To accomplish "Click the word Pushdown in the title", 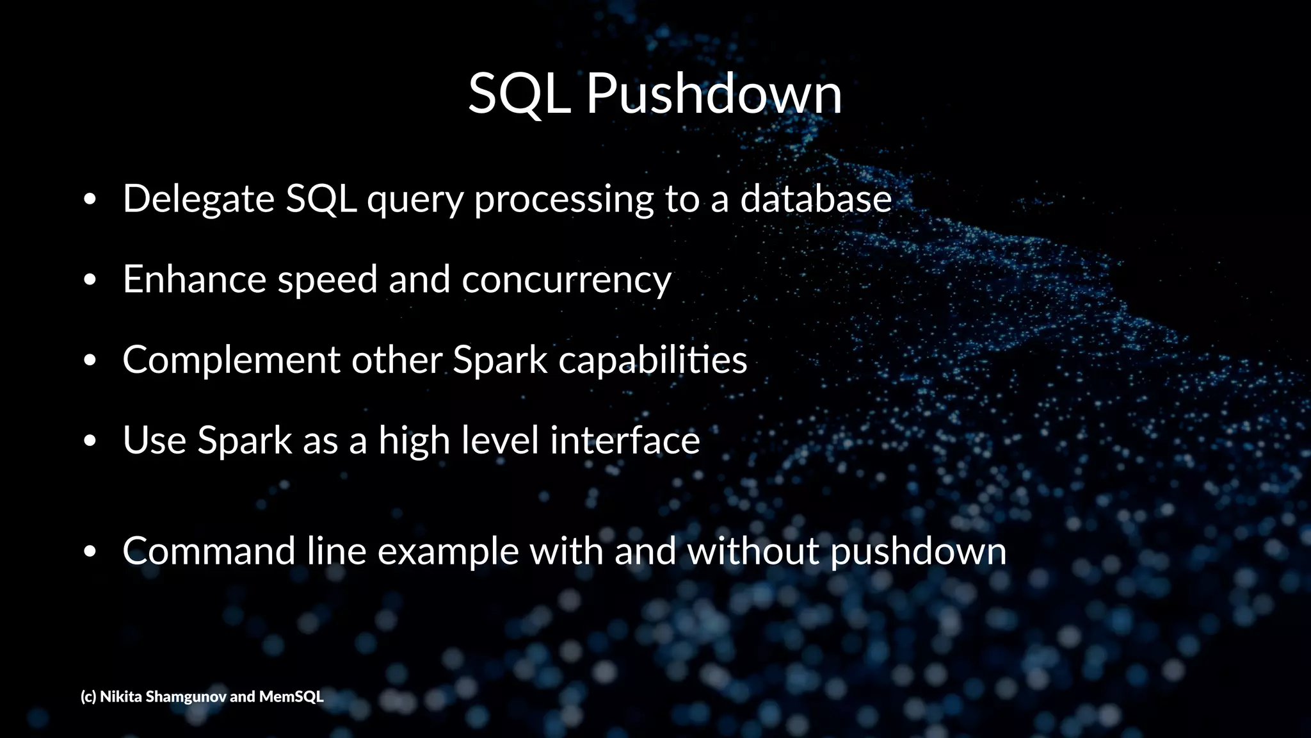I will (x=714, y=94).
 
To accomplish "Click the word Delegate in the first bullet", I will (x=198, y=199).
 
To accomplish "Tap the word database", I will (x=816, y=199).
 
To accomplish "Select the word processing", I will (x=563, y=200).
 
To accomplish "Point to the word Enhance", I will (x=194, y=279).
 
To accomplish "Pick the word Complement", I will (x=231, y=361).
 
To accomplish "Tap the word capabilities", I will (x=652, y=361).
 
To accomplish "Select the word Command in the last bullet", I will (x=209, y=551).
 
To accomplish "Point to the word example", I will (x=447, y=552).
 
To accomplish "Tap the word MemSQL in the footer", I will (x=291, y=696).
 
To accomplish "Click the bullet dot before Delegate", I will (x=90, y=200).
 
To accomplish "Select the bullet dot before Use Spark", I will (x=90, y=441).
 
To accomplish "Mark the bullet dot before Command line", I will (x=90, y=552).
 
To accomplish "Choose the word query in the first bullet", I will (x=415, y=200).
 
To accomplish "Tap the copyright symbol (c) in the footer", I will (x=88, y=696).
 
